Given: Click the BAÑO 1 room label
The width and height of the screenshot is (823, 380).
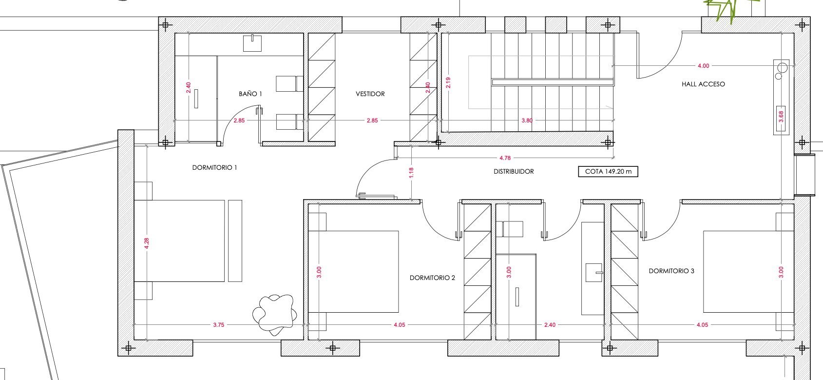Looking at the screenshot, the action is pyautogui.click(x=250, y=94).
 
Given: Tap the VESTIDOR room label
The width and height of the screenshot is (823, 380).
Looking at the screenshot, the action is pyautogui.click(x=370, y=94).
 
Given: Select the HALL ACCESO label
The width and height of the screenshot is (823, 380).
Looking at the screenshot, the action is pyautogui.click(x=703, y=84).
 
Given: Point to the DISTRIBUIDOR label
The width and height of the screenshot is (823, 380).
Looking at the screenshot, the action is pyautogui.click(x=514, y=171).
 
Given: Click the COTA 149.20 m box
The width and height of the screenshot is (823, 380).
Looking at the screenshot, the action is pyautogui.click(x=608, y=171).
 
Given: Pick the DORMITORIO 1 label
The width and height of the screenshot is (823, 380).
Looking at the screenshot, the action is pyautogui.click(x=214, y=168).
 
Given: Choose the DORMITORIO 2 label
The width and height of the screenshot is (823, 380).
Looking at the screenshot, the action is pyautogui.click(x=432, y=278).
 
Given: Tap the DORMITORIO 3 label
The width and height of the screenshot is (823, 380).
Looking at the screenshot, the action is pyautogui.click(x=671, y=271).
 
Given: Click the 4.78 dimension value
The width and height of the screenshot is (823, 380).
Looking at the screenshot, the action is pyautogui.click(x=505, y=158).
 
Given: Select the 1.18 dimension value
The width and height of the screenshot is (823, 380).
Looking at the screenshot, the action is pyautogui.click(x=411, y=173).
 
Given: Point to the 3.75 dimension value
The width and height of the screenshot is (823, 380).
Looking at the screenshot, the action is pyautogui.click(x=219, y=325).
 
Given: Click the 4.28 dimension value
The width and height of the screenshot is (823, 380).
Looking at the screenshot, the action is pyautogui.click(x=147, y=243).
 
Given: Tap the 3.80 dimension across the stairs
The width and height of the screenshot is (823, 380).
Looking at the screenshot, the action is pyautogui.click(x=527, y=120).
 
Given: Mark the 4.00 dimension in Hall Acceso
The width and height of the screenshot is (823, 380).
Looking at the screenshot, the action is pyautogui.click(x=703, y=66).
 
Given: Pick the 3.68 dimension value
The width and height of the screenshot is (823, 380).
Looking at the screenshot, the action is pyautogui.click(x=781, y=117).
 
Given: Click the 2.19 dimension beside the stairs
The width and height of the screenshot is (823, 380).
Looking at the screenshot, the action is pyautogui.click(x=448, y=82).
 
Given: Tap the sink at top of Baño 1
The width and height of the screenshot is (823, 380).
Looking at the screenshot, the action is pyautogui.click(x=252, y=43).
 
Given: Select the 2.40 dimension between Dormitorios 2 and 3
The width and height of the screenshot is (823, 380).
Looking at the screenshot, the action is pyautogui.click(x=550, y=325).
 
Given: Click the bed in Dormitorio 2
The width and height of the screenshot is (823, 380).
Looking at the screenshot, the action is pyautogui.click(x=353, y=272).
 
